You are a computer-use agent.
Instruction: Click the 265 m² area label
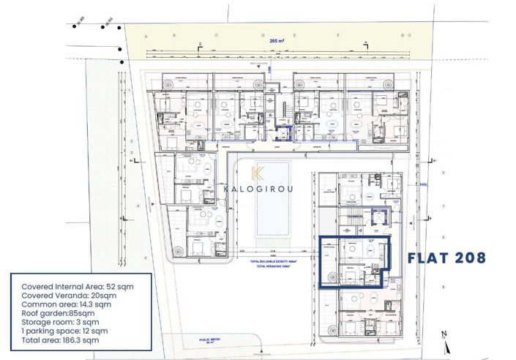(x=277, y=42)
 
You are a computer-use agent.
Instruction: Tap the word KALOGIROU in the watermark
(x=258, y=187)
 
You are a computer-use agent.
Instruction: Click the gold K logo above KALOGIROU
(x=258, y=173)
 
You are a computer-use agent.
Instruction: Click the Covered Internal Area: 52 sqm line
(x=70, y=286)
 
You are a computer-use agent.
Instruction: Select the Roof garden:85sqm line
(x=59, y=312)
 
